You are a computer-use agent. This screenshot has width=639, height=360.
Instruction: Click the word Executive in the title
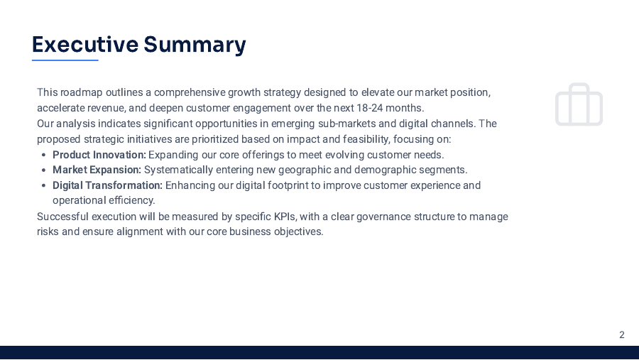84,45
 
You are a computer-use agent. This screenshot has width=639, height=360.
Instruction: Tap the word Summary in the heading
195,45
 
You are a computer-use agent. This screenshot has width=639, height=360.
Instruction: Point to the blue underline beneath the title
65,60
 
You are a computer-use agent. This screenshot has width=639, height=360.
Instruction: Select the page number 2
622,335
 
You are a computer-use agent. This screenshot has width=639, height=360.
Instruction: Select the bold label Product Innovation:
99,155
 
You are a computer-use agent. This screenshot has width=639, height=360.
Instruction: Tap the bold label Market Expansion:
97,170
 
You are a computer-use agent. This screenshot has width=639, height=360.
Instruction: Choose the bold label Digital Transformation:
107,185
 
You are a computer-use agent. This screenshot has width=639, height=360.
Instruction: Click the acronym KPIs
285,216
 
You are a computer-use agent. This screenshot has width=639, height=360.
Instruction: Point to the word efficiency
131,200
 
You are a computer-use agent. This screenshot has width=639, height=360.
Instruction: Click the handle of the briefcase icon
579,88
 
